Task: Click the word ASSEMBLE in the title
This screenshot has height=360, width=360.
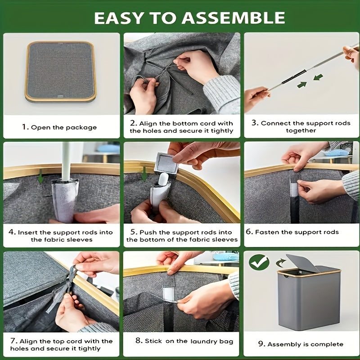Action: (x=233, y=18)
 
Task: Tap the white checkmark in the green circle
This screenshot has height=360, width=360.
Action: (x=259, y=262)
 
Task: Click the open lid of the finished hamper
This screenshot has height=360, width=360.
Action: (x=302, y=263)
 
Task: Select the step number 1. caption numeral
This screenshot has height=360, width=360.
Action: (x=25, y=127)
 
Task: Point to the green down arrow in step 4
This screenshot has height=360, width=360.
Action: (x=40, y=176)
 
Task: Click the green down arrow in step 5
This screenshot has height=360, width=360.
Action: (x=144, y=174)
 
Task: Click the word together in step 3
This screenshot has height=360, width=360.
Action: (x=301, y=130)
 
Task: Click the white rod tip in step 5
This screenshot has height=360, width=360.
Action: (x=163, y=179)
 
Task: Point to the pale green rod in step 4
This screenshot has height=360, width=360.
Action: (x=65, y=161)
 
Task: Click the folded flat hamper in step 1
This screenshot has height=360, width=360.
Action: (x=61, y=71)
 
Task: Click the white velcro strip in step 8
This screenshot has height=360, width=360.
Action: (x=169, y=293)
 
